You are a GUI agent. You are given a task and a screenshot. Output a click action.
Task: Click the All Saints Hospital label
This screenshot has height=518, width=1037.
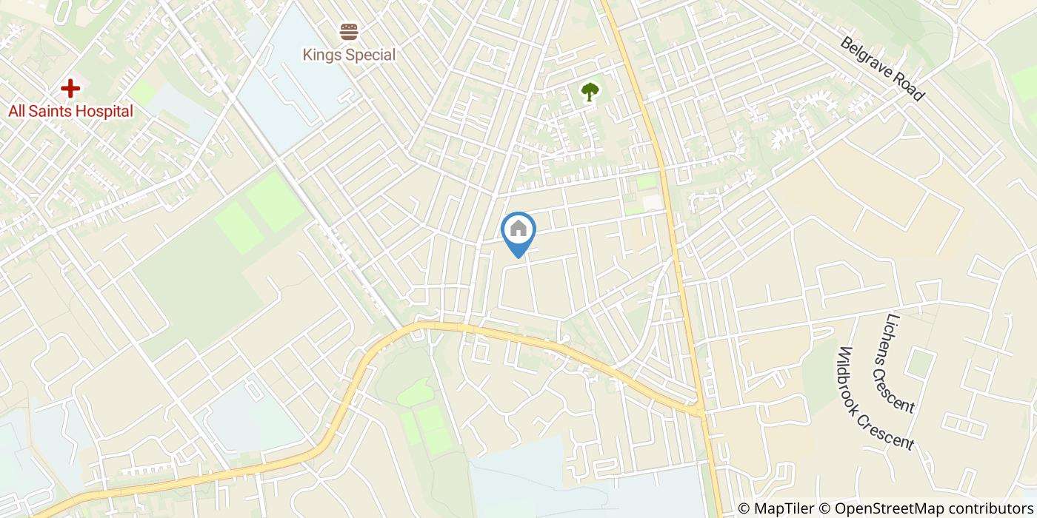click(x=70, y=112)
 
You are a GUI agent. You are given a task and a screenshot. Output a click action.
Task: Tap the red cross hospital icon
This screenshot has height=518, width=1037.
click(x=70, y=89)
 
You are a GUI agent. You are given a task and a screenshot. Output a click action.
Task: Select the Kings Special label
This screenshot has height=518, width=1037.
click(x=349, y=55)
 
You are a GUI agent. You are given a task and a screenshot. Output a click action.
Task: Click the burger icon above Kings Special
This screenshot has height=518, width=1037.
click(x=349, y=32)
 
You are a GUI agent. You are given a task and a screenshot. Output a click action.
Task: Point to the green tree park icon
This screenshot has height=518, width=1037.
click(x=590, y=92)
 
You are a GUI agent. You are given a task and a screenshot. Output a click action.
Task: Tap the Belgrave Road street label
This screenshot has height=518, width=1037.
click(x=881, y=68)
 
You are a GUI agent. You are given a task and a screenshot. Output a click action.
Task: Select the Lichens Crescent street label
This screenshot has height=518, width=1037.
click(x=899, y=363)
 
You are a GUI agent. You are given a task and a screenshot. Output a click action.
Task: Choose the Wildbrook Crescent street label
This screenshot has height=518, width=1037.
click(x=876, y=398)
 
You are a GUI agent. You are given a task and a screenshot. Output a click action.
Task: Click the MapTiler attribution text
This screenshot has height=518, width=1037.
click(x=781, y=508)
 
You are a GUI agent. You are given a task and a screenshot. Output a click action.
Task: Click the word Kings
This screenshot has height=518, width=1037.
click(x=321, y=55)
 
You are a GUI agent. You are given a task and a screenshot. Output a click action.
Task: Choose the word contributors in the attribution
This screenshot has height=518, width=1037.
click(x=984, y=508)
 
